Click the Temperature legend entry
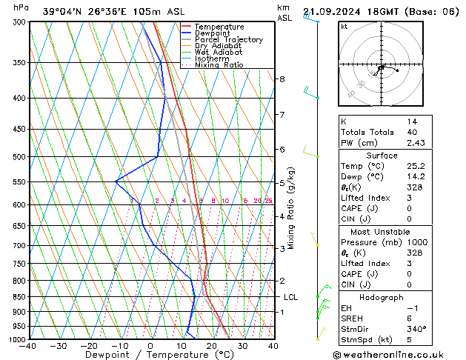219,27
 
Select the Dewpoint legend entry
214,33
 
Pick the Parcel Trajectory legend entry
228,40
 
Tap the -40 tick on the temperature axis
28,346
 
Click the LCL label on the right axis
291,297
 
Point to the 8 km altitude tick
282,79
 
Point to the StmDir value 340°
417,329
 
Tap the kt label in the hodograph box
344,27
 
